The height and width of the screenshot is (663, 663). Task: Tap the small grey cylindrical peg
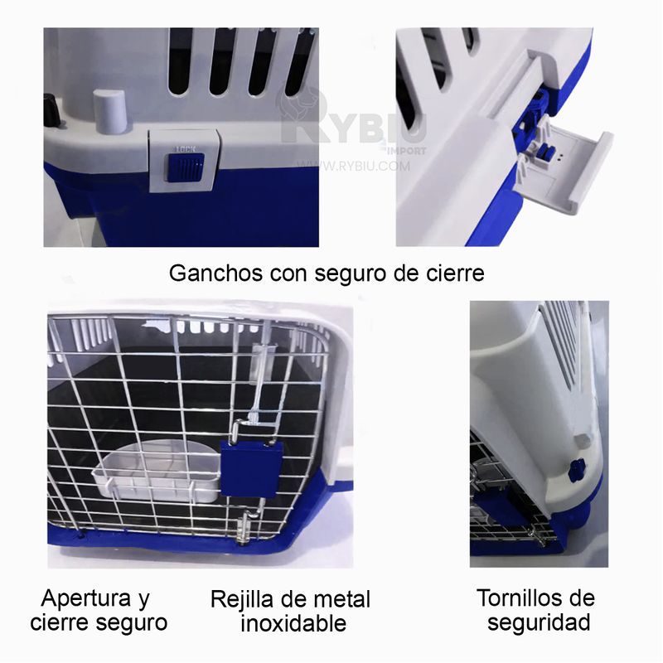(109, 110)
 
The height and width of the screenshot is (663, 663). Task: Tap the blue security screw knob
(577, 470)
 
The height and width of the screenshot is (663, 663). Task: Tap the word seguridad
(539, 623)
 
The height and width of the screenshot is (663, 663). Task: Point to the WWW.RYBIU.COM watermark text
(353, 166)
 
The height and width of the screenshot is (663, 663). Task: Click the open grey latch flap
(564, 168)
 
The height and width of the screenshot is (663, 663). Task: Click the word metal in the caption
(341, 600)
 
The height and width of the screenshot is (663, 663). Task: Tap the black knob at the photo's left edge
(51, 112)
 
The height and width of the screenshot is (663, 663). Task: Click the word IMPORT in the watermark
(407, 151)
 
